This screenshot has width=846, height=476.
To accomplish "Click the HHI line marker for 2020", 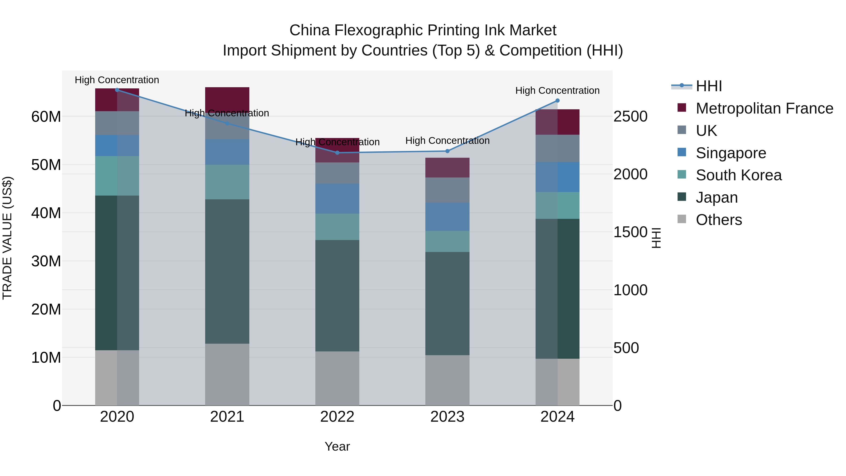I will coord(117,90).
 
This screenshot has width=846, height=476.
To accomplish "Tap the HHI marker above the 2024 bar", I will coord(557,101).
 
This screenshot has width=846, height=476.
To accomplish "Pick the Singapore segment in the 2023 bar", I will coord(447,216).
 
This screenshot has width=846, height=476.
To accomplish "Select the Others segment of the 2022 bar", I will coord(337,378).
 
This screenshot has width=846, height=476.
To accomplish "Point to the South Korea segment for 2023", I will coord(447,241).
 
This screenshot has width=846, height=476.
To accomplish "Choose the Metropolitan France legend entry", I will coord(764,108).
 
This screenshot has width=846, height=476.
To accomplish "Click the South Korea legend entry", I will coord(738,175).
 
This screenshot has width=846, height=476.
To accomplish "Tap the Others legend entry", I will coord(719,220).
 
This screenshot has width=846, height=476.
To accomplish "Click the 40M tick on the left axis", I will coord(46,213).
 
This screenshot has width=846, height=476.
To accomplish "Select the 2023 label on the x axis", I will coord(447,417).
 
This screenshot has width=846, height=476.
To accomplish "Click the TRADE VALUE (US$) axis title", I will coord(7,238).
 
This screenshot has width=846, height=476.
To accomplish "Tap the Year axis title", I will coord(337,446).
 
